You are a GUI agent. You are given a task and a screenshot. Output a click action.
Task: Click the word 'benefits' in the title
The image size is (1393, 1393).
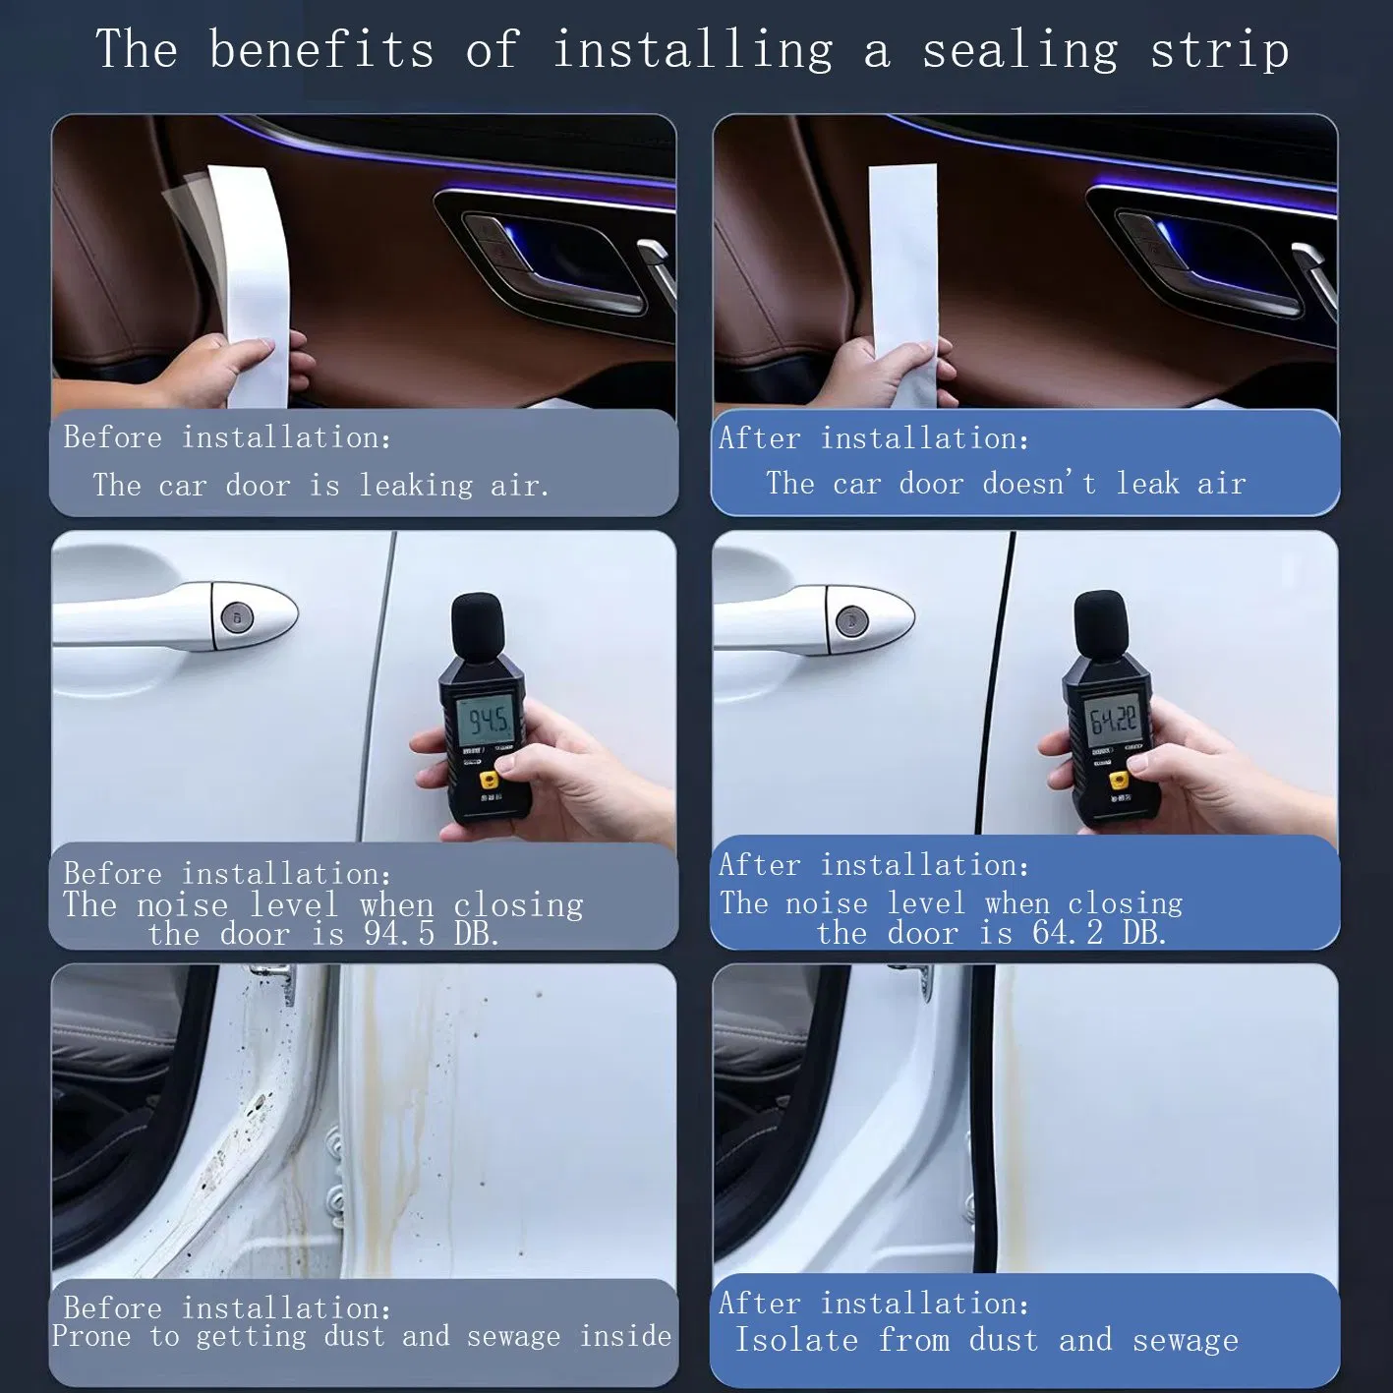(320, 49)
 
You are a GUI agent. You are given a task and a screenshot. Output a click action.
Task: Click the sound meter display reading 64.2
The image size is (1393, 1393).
(1113, 720)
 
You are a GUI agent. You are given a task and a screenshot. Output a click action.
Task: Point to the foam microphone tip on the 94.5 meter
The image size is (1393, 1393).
(476, 622)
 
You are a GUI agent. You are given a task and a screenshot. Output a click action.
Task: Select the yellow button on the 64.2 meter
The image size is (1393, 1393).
(1118, 781)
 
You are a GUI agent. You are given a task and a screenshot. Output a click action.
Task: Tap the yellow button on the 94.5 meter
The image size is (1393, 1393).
(489, 781)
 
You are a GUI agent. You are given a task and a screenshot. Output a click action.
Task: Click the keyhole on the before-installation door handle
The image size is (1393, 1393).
(237, 617)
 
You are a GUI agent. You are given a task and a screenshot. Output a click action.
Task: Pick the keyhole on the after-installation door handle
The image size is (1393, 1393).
(851, 621)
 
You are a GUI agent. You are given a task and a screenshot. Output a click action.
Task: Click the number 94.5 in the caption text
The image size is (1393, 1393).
(398, 933)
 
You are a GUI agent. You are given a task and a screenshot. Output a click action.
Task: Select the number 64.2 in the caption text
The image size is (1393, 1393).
(1067, 932)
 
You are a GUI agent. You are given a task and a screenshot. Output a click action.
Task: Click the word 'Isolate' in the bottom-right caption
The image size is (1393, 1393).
(796, 1340)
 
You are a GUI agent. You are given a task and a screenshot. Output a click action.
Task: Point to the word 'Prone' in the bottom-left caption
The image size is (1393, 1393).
(90, 1336)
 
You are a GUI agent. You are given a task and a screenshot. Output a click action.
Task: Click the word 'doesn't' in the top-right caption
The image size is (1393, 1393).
(1038, 484)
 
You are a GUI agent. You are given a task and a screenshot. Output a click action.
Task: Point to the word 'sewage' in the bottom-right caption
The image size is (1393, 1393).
(1185, 1340)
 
